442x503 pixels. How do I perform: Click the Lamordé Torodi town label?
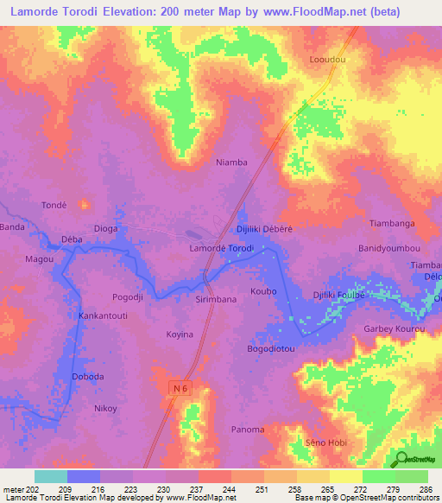point(220,248)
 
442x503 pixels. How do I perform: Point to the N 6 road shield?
point(178,390)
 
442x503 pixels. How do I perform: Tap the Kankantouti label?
point(104,316)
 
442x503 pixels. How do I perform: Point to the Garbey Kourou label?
point(395,328)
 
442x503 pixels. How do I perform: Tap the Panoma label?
point(248,429)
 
